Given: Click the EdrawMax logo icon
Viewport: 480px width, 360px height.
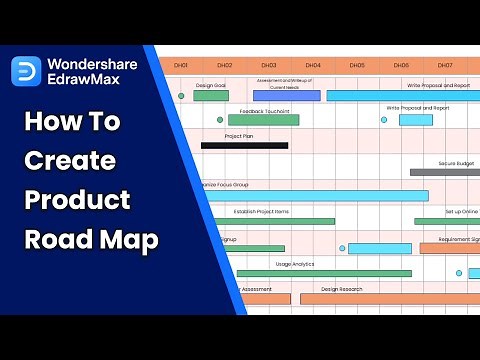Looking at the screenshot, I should [27, 71].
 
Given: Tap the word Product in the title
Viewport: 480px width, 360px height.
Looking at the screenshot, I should [77, 199].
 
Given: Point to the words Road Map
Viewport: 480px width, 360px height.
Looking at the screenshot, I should [90, 239].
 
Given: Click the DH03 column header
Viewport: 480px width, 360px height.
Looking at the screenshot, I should [269, 65].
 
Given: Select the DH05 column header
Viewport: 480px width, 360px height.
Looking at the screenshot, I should [357, 65].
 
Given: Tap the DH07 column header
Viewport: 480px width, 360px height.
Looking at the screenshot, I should [445, 65].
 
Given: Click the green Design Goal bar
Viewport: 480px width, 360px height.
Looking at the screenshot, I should [210, 96].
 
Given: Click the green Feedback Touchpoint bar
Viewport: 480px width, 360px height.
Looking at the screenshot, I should [263, 120].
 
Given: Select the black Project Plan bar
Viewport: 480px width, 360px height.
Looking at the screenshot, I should [244, 146].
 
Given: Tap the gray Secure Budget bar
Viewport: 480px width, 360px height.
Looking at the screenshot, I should [445, 172].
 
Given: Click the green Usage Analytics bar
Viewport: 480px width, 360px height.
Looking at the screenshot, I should [323, 273].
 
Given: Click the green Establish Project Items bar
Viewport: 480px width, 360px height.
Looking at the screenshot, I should [270, 221].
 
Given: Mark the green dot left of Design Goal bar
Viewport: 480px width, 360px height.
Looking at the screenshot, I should [181, 96].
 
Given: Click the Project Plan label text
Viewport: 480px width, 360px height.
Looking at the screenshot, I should [240, 136].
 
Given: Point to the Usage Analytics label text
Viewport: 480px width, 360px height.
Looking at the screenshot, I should [295, 264].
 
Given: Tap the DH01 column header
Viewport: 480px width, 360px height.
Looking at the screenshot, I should [181, 65].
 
